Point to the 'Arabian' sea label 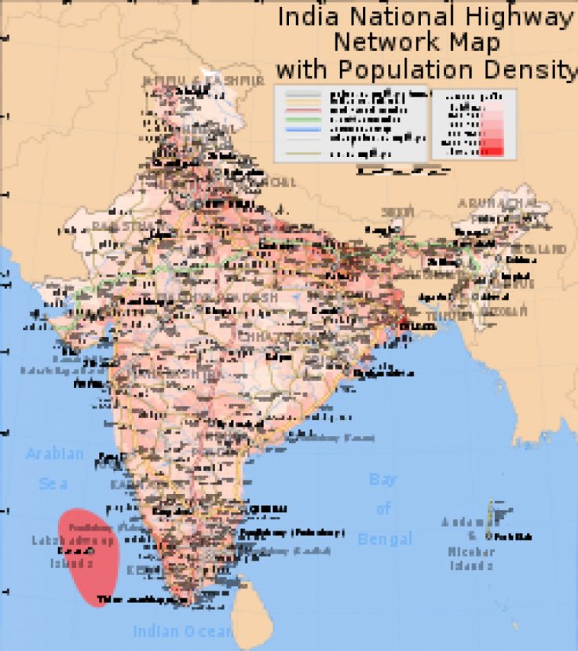tap(55, 454)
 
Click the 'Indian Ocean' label tap(183, 631)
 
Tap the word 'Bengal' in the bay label tap(385, 539)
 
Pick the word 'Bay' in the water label tap(383, 480)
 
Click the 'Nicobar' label tap(472, 552)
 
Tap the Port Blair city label tap(516, 537)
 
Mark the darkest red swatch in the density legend tap(491, 151)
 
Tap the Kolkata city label tap(417, 327)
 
